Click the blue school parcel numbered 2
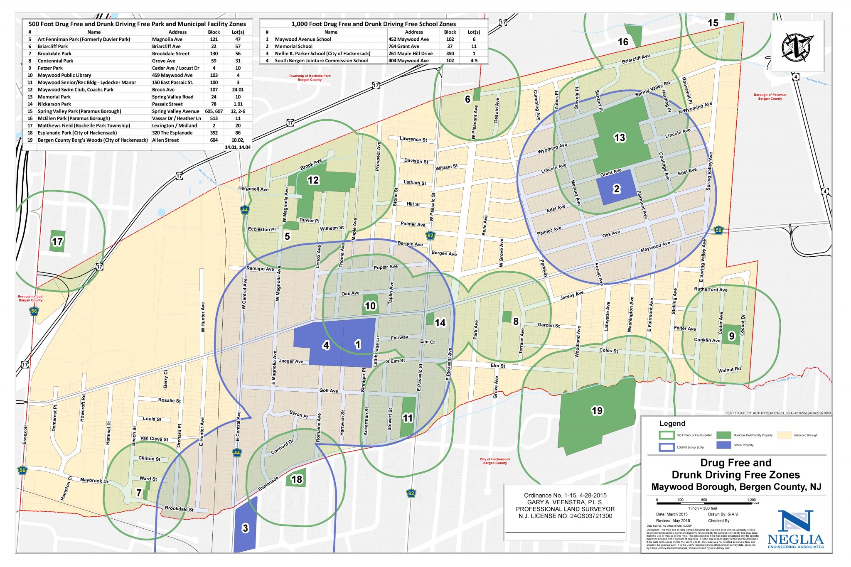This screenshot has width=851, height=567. coord(616,188)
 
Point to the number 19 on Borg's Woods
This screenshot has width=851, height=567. coord(597,411)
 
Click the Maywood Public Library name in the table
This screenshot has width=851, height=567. coord(64,75)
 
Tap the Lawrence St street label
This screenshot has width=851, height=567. coord(413,139)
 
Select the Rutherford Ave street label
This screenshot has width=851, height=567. coord(711,290)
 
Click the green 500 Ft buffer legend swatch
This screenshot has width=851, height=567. coord(666,435)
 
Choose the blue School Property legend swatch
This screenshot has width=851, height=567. coord(723,445)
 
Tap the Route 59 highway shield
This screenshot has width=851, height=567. coord(718,230)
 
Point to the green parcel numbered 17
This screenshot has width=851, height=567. coord(57,241)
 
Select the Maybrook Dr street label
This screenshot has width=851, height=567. coord(94,481)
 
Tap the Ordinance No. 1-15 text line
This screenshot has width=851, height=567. coord(565,495)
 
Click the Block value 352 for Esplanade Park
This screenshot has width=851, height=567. coord(214,133)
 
